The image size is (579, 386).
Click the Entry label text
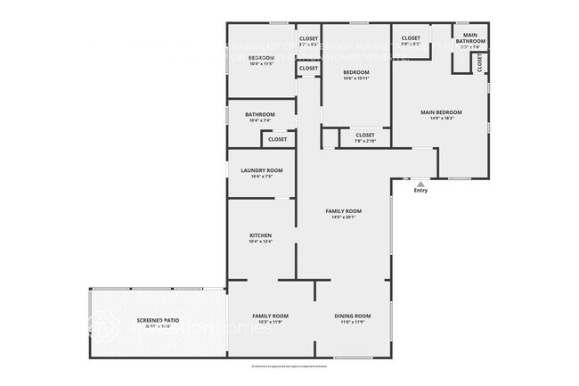420,191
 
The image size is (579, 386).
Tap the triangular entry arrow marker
420,183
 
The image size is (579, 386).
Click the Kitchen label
261,235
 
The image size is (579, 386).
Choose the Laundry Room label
261,170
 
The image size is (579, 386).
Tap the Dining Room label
352,316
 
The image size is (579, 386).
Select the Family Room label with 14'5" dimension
343,210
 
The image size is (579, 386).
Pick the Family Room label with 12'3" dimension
270,316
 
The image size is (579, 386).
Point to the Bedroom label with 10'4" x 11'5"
261,59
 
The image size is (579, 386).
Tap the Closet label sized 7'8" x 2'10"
365,135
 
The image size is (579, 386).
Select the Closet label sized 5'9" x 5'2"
411,38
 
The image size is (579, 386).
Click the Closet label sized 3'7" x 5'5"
308,38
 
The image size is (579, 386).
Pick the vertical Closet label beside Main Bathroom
480,63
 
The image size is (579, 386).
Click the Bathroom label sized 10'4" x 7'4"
260,114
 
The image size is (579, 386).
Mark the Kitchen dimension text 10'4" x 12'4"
261,242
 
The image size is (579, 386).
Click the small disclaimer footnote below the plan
289,366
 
